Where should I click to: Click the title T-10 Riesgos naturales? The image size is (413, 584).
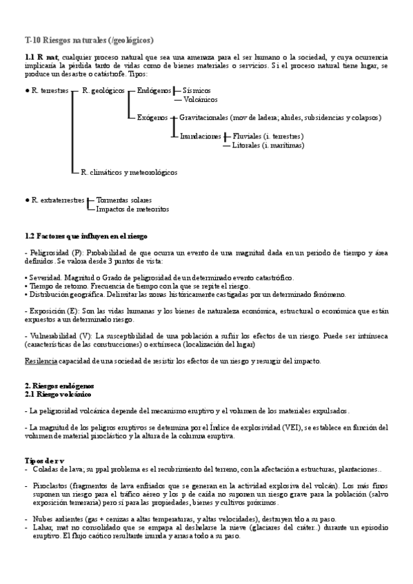point(89,40)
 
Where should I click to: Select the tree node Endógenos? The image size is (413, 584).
point(154,90)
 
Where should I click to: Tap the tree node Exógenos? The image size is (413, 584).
point(152,118)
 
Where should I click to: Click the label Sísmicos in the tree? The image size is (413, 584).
point(197,90)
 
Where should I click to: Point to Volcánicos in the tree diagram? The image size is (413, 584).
point(201,99)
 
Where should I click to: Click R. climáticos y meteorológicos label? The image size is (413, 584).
point(129,172)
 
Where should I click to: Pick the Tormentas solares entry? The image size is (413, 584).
point(124,200)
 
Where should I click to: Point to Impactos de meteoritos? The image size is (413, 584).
point(132,209)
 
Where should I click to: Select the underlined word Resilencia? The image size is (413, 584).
point(41,361)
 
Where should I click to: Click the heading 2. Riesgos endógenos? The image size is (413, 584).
point(59,386)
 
